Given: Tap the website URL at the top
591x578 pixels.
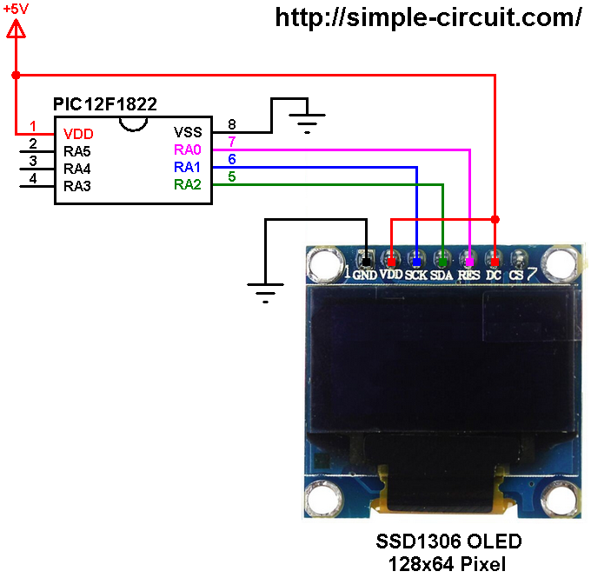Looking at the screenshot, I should click(x=428, y=17).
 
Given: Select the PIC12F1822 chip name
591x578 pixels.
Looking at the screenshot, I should click(x=105, y=104).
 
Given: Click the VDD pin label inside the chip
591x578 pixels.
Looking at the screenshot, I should click(x=78, y=135).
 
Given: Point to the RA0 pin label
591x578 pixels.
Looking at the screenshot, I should click(x=188, y=149).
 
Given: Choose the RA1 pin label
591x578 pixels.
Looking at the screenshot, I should click(x=188, y=167).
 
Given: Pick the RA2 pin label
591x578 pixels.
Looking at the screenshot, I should click(x=188, y=184).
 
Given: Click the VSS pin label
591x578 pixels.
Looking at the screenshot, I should click(x=188, y=132).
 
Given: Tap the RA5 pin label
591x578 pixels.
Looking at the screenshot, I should click(x=77, y=151).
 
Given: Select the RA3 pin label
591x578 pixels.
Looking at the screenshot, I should click(x=77, y=186).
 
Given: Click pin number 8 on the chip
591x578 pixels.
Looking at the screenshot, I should click(x=231, y=124).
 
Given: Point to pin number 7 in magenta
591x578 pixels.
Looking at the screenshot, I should click(x=231, y=142).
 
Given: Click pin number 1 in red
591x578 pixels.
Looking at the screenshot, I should click(x=33, y=126).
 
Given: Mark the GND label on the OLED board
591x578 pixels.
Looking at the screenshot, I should click(x=367, y=276).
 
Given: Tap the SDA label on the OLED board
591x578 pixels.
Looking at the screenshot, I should click(x=442, y=276).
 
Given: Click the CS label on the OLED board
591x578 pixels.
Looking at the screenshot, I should click(x=516, y=276).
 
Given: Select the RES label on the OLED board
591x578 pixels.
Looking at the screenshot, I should click(x=468, y=276).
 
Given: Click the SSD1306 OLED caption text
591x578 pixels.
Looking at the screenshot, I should click(x=448, y=542).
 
